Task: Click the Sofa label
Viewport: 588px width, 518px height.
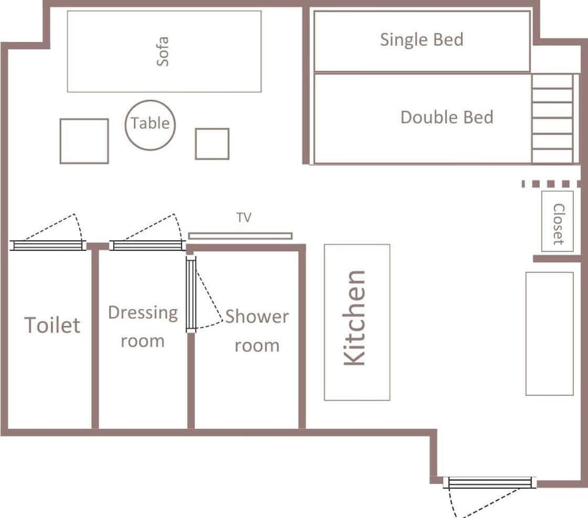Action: [x=162, y=52]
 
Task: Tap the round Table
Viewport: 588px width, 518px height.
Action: [x=150, y=125]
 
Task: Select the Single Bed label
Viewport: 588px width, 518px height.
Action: [x=422, y=40]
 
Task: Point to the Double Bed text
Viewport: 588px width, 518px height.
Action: [x=447, y=118]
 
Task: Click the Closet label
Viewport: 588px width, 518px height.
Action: [x=559, y=224]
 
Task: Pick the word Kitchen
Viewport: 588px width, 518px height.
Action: [x=355, y=318]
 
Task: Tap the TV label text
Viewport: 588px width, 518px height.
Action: [x=244, y=217]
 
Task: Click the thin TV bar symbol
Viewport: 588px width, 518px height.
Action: [x=240, y=236]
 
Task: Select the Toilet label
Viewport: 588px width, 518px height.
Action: [x=52, y=325]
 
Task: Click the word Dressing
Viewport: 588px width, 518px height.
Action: [x=143, y=313]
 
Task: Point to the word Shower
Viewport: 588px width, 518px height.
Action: [x=257, y=316]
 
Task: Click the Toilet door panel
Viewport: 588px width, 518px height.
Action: [x=48, y=245]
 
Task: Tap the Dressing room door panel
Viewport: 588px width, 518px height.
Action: [x=147, y=245]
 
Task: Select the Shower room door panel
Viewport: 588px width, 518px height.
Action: [x=191, y=295]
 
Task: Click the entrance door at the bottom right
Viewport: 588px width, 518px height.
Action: [x=490, y=482]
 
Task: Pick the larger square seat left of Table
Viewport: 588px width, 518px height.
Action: [x=84, y=141]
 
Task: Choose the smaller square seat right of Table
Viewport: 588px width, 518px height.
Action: [x=212, y=144]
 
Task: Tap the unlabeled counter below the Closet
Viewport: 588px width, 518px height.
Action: [x=549, y=334]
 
